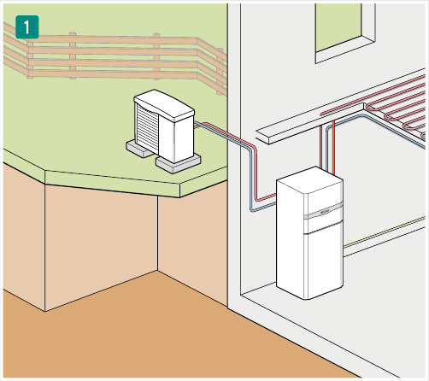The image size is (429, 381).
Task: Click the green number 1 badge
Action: coord(27,27)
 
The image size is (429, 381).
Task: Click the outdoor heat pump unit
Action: coord(164,126)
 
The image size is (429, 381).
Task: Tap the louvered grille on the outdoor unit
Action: coord(147,128)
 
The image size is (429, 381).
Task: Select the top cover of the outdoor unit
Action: coord(164,105)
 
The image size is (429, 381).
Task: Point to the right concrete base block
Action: coord(178,164)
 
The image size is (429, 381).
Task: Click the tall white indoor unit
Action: coord(309,233)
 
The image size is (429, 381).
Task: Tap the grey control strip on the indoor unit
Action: coord(323,211)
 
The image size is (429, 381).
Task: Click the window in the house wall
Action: coord(345,32)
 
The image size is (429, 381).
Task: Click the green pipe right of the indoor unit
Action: coord(385,232)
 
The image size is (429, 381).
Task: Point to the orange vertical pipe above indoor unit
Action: coord(333,148)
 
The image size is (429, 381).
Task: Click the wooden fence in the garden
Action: coord(114,57)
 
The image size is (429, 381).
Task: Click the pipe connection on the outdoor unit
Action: coord(197,125)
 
